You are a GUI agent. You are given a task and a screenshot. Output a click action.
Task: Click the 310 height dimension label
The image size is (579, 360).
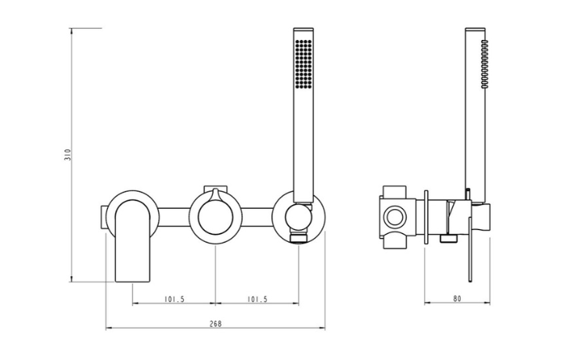click(67, 154)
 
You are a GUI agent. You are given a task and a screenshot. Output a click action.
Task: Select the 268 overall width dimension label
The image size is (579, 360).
click(216, 324)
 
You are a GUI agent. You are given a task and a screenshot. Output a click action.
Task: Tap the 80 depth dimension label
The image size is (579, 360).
click(457, 298)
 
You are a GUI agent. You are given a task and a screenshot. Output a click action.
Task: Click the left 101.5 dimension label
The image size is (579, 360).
click(174, 299)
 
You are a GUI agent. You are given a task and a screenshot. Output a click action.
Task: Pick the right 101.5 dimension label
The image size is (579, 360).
click(257, 299)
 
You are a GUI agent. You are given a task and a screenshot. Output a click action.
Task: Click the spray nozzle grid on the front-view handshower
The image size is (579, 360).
click(304, 64)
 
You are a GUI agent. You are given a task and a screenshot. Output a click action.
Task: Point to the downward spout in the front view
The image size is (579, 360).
click(133, 241)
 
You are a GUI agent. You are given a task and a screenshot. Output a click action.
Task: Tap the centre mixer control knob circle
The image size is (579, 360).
click(216, 217)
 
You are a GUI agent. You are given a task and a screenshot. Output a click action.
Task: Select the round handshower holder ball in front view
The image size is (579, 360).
click(299, 216)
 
